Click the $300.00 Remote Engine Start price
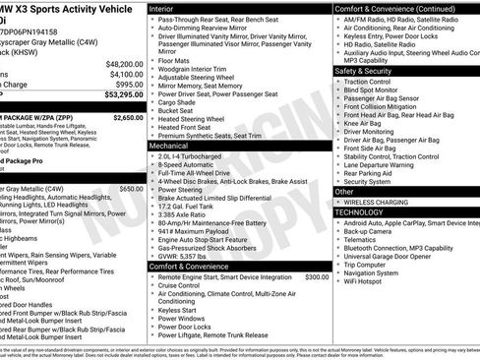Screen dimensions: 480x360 pyautogui.click(x=317, y=277)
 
